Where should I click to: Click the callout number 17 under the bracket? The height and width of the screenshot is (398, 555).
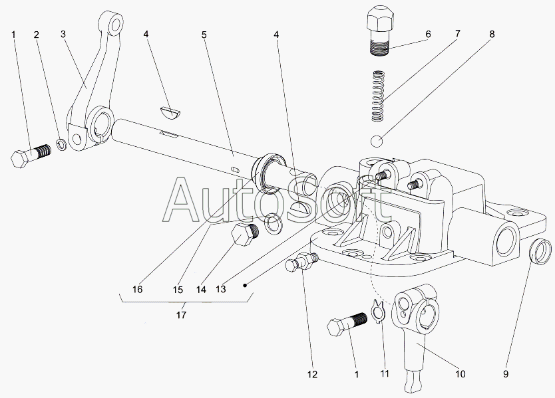coord(181,314)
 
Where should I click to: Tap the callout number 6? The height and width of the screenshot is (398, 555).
coord(428,35)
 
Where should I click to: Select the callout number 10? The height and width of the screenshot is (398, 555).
coord(460,373)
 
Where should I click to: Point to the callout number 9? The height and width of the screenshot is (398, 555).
coord(506,373)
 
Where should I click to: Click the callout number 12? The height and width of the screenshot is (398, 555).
coord(312,374)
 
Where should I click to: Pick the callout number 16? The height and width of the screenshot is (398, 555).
coord(137,289)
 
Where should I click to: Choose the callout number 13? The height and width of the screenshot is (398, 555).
coord(220,289)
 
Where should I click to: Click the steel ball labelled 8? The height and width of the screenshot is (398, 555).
coord(377,142)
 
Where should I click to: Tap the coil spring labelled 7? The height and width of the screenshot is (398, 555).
coord(379,96)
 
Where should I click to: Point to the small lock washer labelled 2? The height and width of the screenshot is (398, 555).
coord(61,145)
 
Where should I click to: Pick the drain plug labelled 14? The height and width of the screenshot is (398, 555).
coord(245,234)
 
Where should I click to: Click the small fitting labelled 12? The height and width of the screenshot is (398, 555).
coord(301,261)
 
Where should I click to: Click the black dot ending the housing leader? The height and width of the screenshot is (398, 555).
coord(245,285)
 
